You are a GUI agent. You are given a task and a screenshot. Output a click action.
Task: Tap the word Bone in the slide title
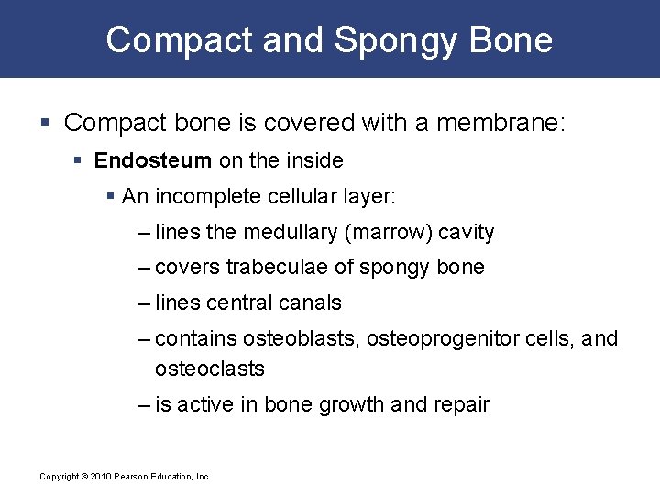(511, 40)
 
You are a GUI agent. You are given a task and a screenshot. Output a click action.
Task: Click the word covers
(188, 268)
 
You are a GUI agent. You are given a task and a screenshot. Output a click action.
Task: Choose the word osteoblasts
(302, 339)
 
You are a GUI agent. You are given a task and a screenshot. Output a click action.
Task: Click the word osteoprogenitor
(437, 339)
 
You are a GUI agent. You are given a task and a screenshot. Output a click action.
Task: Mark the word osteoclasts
(210, 368)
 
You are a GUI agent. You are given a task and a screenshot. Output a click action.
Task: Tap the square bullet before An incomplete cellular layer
(111, 197)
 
